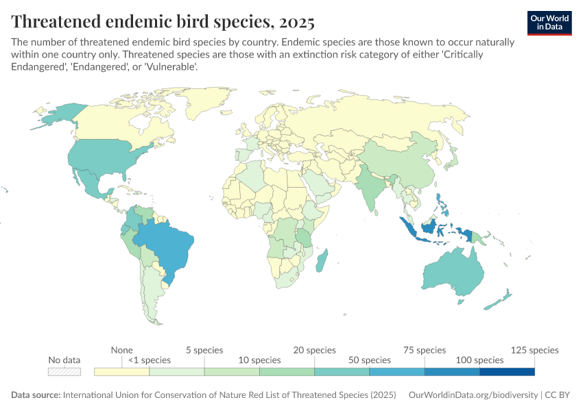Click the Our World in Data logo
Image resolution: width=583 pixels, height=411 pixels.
pos(549,23)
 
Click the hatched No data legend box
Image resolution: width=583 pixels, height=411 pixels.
pos(64,371)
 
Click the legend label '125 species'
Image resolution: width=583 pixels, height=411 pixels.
pos(534,350)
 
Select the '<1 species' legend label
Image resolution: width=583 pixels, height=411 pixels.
pos(149,360)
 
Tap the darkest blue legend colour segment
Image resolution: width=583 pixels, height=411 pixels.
pos(507,371)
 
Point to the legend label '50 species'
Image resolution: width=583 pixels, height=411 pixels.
pos(369,360)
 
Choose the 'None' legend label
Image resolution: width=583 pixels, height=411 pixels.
pos(121,350)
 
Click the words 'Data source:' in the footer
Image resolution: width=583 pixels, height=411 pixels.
pos(36,396)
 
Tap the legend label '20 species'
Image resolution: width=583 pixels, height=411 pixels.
pos(315,350)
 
